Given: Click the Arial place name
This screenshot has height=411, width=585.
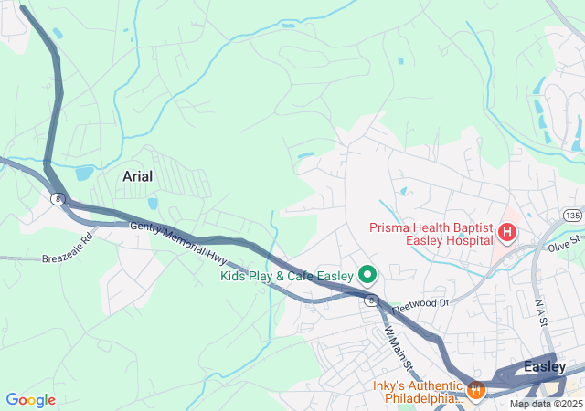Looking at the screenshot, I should pyautogui.click(x=138, y=175).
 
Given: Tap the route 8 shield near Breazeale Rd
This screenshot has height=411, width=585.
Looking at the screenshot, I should pyautogui.click(x=58, y=198).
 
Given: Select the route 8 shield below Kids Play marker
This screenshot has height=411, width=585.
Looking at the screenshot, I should pyautogui.click(x=370, y=300).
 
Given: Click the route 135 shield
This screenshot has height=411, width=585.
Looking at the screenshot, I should pyautogui.click(x=572, y=215).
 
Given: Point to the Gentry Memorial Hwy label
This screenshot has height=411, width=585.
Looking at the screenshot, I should pyautogui.click(x=179, y=239).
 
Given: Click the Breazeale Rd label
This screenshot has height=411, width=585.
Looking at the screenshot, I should pyautogui.click(x=68, y=248).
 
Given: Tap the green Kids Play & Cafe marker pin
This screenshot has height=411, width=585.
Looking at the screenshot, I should pyautogui.click(x=367, y=273).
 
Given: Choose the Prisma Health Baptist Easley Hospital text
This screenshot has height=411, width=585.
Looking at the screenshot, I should pyautogui.click(x=431, y=235).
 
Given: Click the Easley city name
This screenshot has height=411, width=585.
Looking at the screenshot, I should pyautogui.click(x=545, y=366).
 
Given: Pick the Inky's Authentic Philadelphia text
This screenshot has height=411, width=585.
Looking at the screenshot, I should pyautogui.click(x=418, y=392).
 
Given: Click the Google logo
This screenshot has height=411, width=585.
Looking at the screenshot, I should pyautogui.click(x=30, y=400).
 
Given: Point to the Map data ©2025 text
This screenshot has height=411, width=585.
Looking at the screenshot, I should pyautogui.click(x=545, y=404).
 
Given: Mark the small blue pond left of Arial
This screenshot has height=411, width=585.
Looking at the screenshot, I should pyautogui.click(x=85, y=172).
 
